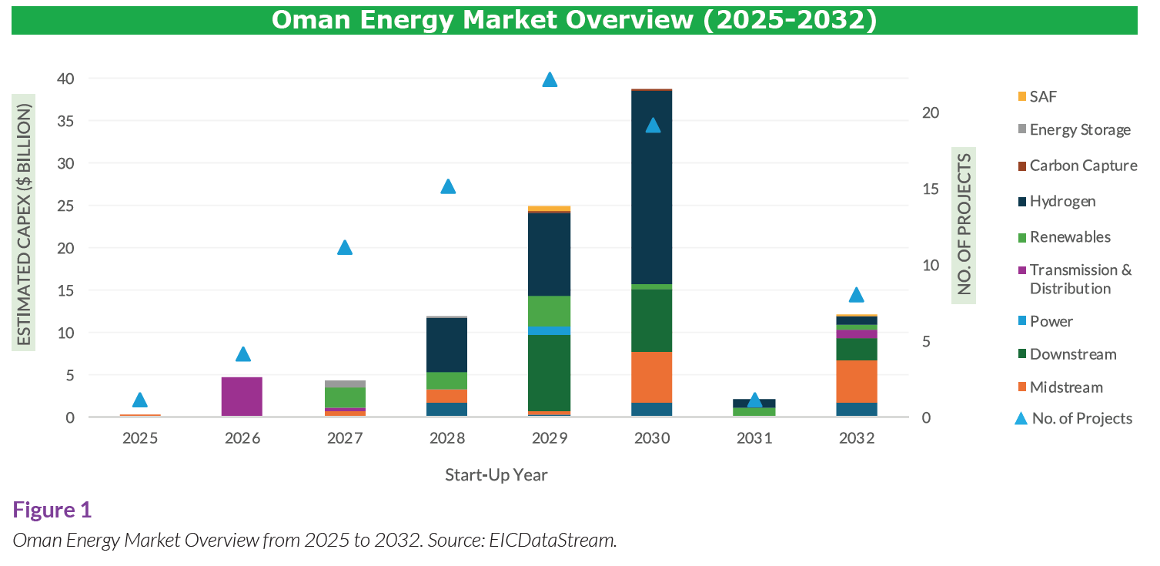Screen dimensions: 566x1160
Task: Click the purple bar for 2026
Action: [242, 397]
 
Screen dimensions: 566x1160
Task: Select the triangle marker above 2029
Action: [550, 80]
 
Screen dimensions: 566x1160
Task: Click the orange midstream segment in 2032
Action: [857, 381]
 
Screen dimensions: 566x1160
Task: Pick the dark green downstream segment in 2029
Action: [550, 373]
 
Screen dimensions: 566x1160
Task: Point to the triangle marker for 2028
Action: [448, 186]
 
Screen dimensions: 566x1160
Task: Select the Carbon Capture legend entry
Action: [1082, 166]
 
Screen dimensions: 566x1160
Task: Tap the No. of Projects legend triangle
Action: [1021, 418]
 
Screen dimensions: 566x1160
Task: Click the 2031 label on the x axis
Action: [754, 439]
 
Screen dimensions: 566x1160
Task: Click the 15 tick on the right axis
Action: [931, 189]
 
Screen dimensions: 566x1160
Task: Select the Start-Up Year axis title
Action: [496, 474]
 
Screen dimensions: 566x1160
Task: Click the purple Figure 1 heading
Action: [52, 510]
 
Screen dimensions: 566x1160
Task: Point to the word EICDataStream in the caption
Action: [552, 540]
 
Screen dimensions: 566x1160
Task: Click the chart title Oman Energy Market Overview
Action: [573, 20]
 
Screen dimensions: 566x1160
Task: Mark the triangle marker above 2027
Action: [345, 247]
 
